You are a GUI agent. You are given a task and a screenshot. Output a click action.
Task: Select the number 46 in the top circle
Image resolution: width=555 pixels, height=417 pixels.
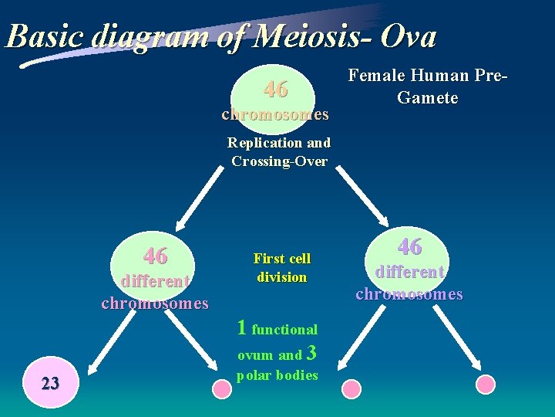tap(275, 90)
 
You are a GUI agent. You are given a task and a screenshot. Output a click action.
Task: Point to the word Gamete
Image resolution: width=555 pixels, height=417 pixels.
tap(427, 97)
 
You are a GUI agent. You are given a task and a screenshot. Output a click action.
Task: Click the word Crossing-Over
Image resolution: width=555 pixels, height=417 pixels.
tap(279, 161)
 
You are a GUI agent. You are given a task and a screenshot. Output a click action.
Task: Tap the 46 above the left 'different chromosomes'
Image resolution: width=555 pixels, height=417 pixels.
tap(156, 255)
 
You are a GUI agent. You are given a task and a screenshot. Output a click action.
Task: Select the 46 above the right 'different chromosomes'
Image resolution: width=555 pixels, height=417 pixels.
tap(409, 246)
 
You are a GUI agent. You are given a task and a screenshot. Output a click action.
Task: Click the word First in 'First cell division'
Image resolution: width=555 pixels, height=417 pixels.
tap(266, 259)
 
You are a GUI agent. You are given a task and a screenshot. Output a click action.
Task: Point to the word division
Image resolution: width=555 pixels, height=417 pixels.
tap(281, 277)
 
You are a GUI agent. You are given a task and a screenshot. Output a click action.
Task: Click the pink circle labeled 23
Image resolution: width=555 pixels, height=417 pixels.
tap(50, 383)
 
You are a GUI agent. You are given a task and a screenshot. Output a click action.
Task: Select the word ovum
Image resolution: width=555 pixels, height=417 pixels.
tap(255, 356)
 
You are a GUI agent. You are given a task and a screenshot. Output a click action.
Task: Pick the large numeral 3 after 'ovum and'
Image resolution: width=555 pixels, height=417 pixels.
tap(311, 354)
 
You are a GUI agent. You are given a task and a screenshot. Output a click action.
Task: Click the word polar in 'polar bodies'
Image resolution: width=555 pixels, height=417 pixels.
tap(254, 375)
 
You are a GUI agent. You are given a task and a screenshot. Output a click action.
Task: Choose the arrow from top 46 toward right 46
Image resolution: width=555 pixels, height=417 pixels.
tap(358, 197)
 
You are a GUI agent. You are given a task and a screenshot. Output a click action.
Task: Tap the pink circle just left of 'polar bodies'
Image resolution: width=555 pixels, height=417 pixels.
tap(222, 386)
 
